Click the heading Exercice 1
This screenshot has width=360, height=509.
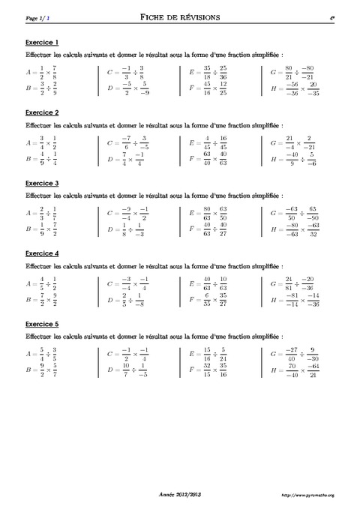click(42, 41)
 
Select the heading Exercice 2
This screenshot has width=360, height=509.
click(42, 112)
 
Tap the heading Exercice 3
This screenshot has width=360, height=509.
click(42, 183)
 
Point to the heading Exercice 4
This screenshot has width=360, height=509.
click(42, 253)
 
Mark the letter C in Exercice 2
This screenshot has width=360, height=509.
click(110, 141)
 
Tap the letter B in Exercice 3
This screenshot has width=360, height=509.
click(28, 229)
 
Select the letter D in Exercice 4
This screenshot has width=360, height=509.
click(110, 300)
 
